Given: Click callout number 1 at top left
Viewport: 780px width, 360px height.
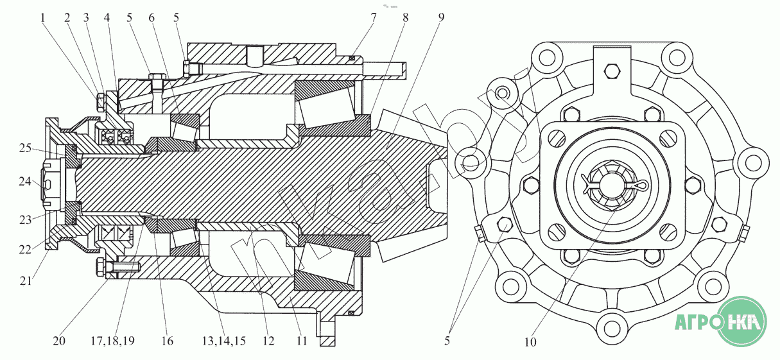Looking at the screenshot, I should (x=44, y=18).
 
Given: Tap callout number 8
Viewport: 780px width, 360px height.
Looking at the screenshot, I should (x=406, y=18).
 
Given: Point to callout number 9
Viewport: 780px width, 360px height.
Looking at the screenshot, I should (x=440, y=18).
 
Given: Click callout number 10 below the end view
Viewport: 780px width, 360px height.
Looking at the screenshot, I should (x=530, y=341).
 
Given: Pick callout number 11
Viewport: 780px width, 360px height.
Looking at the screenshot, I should (x=302, y=341).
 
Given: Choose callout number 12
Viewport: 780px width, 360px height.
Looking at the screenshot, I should (x=269, y=341).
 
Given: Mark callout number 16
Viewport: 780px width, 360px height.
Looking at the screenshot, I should (x=167, y=341).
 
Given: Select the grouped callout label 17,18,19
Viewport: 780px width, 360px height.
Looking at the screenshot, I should (x=113, y=341).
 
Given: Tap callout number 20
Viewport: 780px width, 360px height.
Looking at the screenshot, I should (x=59, y=341).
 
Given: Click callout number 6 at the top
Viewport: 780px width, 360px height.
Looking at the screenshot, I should (x=152, y=18).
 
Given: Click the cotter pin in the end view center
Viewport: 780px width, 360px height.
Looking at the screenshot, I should (x=615, y=185).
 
